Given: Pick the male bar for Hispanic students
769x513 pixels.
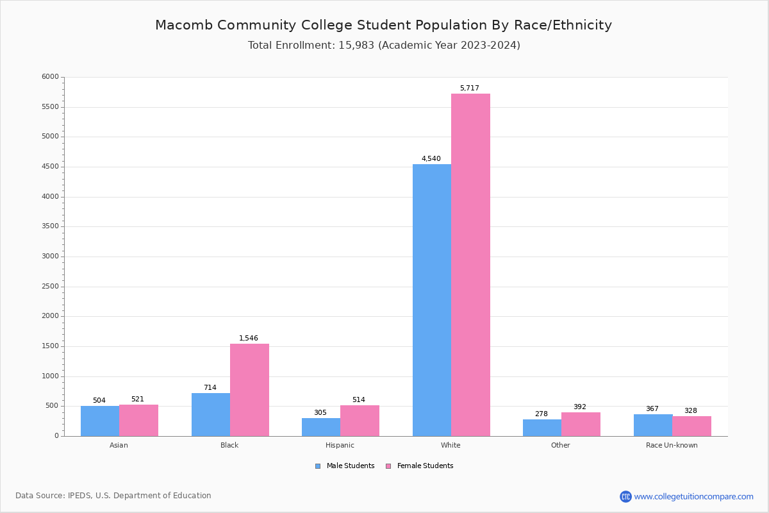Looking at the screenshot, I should (x=321, y=427).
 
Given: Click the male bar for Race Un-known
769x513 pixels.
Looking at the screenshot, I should (x=653, y=425).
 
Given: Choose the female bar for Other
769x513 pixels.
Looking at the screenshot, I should (x=581, y=425).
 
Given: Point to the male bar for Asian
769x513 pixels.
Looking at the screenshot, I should (x=100, y=421).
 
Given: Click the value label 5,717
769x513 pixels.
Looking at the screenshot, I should (x=469, y=88).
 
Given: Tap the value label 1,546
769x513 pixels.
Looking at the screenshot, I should (x=249, y=339).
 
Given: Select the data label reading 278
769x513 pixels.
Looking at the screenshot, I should (x=542, y=414).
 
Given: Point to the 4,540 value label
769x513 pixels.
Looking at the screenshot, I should (x=431, y=159).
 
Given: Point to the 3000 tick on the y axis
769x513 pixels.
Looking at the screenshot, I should (x=51, y=256).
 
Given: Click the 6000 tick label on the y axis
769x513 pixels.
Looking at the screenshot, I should (x=51, y=77).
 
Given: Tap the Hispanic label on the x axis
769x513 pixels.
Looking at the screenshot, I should (x=340, y=445).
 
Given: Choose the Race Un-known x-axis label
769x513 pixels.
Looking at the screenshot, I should (x=672, y=445).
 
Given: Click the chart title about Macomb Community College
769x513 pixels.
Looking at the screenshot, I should (x=383, y=26).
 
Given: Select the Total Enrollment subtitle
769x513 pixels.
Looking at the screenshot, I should (x=384, y=46).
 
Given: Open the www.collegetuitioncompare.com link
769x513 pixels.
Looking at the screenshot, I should (x=693, y=496).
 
